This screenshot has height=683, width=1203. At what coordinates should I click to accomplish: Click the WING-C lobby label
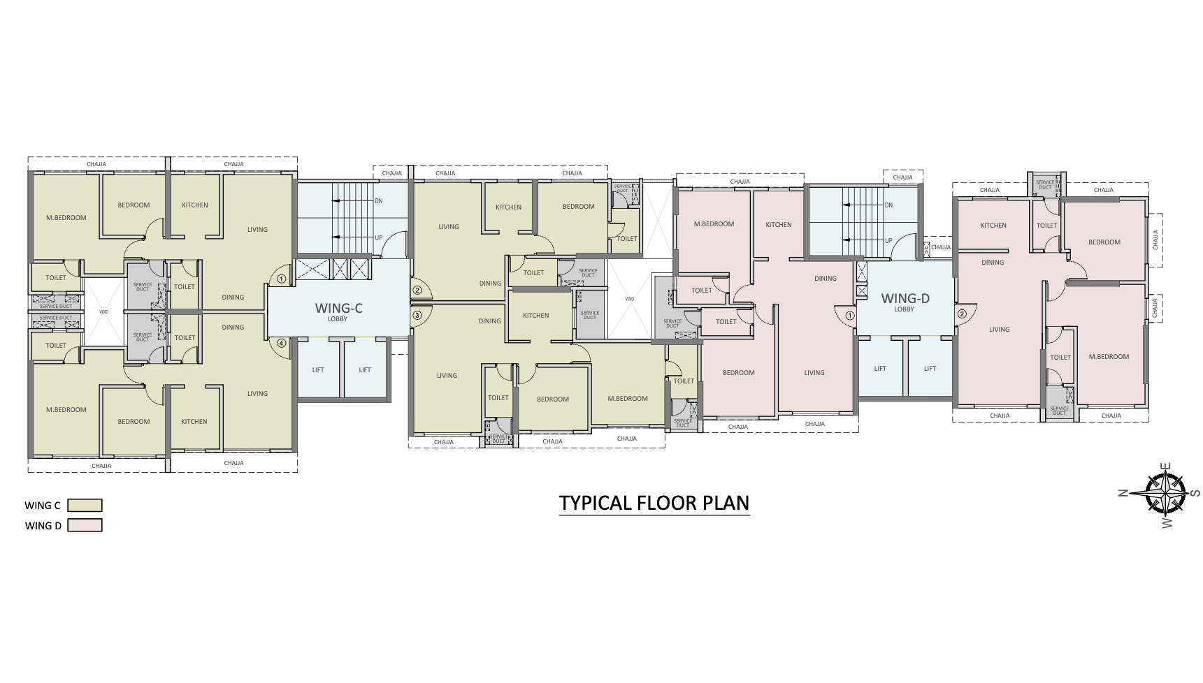pos(338,309)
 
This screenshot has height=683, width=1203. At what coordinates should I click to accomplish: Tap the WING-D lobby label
pos(905,300)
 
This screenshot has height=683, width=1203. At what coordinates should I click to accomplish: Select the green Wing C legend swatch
pos(85,506)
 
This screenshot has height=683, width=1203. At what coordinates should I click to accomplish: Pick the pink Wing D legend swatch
pos(85,526)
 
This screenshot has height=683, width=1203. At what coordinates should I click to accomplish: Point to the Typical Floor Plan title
pos(654,503)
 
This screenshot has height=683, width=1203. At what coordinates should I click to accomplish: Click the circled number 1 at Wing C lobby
pos(281,278)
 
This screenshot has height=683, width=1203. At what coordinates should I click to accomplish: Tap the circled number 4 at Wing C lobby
pos(281,343)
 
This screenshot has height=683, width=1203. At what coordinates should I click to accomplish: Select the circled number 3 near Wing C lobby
pos(417,316)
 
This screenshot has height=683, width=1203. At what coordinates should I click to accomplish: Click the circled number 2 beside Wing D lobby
pos(962,314)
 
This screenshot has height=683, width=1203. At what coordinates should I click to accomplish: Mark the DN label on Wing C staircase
pos(379,201)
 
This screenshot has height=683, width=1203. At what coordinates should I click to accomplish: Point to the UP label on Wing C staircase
pos(379,237)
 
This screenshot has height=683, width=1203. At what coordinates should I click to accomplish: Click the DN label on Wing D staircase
pos(888,205)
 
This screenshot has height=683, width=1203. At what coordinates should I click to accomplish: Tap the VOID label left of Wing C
pos(103,311)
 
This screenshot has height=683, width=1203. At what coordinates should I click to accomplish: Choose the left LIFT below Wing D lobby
pos(880,369)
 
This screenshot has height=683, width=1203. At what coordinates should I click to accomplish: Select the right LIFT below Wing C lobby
pos(365,370)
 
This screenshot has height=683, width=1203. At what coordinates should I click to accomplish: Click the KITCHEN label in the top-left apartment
pos(194,205)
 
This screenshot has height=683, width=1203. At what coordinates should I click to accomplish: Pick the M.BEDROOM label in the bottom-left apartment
pos(66,410)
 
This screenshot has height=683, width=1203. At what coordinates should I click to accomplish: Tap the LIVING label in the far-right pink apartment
pos(999,330)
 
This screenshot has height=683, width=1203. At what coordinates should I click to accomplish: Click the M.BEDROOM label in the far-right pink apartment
pos(1109,357)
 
